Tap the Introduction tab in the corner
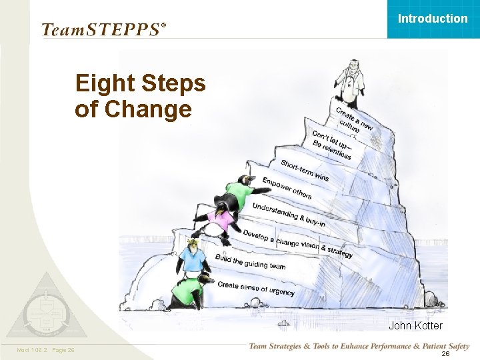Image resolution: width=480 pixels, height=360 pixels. (433, 19)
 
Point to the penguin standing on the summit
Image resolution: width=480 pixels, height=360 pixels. (347, 83)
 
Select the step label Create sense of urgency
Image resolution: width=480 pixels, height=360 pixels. (257, 288)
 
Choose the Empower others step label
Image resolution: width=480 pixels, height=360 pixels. (287, 188)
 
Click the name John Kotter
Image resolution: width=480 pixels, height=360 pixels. (415, 326)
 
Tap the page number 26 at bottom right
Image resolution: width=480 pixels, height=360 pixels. (445, 354)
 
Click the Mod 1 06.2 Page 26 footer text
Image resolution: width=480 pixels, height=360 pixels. (45, 350)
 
